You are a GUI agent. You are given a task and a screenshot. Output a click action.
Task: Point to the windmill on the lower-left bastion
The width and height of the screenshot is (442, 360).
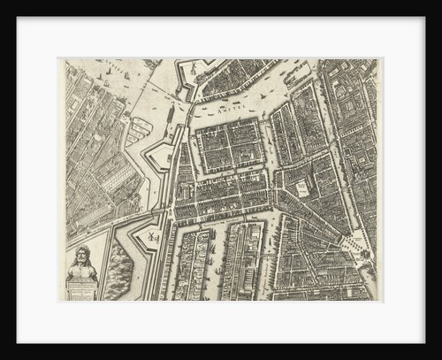coord(152,236)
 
